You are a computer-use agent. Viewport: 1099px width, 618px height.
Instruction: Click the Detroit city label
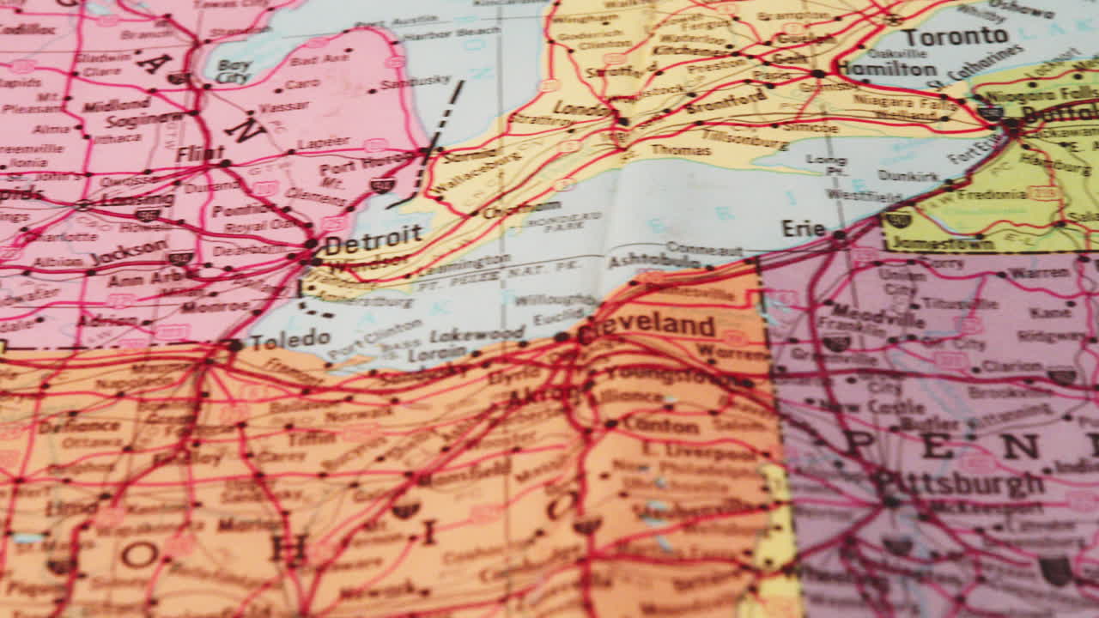coord(374,239)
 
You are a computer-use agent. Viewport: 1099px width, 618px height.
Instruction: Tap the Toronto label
coord(955,37)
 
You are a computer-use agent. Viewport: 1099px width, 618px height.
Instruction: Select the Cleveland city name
coord(648,327)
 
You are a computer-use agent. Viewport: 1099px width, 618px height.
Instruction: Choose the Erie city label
coord(803,229)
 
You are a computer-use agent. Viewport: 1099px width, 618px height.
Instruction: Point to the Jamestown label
coord(943,243)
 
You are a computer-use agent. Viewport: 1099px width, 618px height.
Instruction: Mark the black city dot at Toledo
coord(234,345)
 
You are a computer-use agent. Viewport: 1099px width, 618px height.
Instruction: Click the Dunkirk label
coord(908,176)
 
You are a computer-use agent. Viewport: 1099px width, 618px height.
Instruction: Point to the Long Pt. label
coord(825,166)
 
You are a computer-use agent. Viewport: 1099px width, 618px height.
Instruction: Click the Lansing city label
coord(137,199)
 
